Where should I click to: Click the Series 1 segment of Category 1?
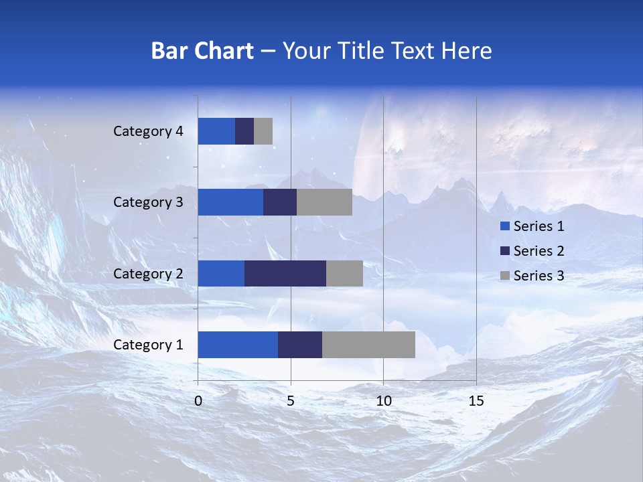pos(238,345)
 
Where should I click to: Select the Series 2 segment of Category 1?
pos(300,345)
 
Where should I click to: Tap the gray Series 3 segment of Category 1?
pos(368,345)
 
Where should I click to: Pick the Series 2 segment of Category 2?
pos(285,273)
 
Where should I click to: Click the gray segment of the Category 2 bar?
pos(344,273)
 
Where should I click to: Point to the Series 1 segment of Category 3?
pos(230,202)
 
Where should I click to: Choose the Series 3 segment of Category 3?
pos(324,202)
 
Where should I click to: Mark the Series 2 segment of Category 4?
pos(244,131)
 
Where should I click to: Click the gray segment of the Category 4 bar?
pos(263,131)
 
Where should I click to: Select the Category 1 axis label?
pos(148,345)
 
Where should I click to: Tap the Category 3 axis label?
pos(148,202)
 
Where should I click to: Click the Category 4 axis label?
pos(148,131)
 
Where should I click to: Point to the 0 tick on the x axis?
pos(198,401)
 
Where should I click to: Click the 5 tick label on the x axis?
pos(291,401)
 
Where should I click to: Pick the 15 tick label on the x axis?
pos(476,401)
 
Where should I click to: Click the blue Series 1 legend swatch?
pos(504,226)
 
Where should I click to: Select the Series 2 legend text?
pos(539,251)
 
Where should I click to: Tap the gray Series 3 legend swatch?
pos(504,276)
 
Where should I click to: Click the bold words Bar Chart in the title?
pos(202,51)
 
